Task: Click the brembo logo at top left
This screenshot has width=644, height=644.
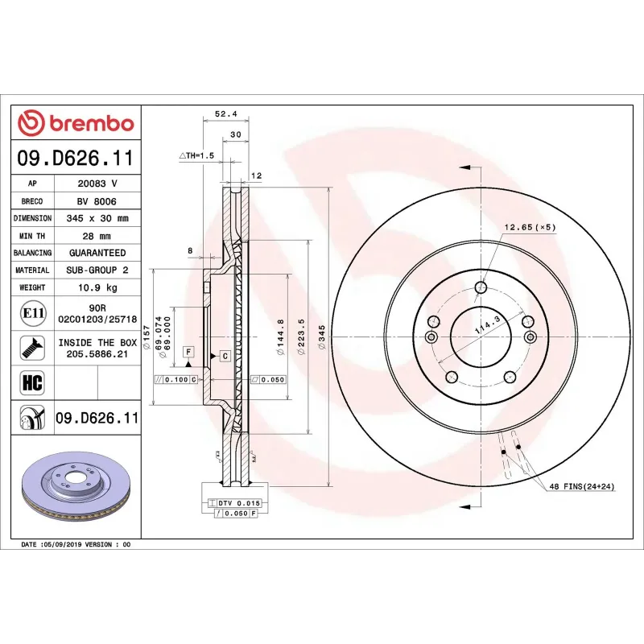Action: pyautogui.click(x=76, y=122)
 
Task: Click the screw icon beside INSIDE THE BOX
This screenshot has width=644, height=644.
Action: pyautogui.click(x=32, y=348)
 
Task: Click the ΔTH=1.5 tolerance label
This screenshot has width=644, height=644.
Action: pyautogui.click(x=196, y=155)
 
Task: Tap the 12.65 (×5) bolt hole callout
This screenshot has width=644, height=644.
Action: pyautogui.click(x=530, y=228)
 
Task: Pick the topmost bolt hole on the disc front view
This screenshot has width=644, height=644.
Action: pyautogui.click(x=481, y=287)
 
